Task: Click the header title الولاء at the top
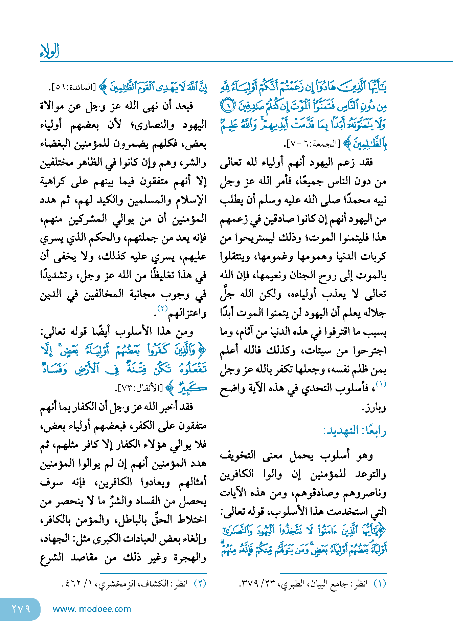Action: tap(49, 51)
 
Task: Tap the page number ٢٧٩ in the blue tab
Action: tap(21, 609)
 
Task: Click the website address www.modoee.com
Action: tap(92, 609)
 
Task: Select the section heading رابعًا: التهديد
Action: tap(355, 431)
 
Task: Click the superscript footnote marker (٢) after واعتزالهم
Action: tap(162, 308)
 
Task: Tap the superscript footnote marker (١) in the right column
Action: tap(381, 384)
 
